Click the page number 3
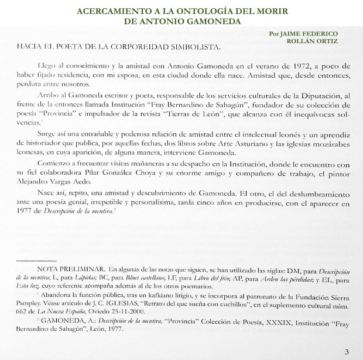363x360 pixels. click(x=347, y=351)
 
